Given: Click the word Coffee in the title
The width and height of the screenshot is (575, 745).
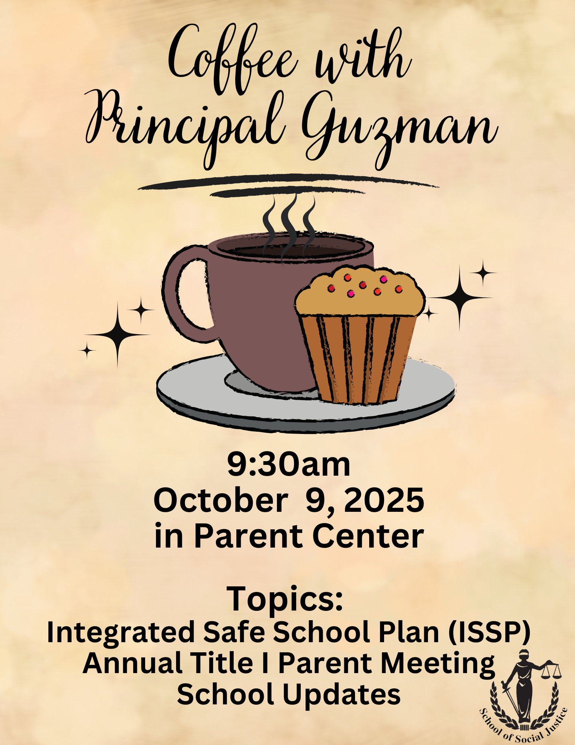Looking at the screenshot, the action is coord(233,60).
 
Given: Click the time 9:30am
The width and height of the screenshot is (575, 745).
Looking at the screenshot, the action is coord(289,465).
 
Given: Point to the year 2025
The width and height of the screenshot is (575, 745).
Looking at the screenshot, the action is coord(384,500).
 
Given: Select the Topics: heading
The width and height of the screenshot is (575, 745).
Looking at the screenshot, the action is coord(285,599).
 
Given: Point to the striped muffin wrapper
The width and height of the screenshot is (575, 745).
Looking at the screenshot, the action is coord(359,359).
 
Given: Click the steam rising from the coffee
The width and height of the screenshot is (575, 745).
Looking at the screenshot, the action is coord(288,227).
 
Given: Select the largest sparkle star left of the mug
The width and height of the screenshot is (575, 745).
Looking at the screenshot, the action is coord(118,335).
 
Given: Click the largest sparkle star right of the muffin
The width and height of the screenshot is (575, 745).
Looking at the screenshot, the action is coord(460,298).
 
